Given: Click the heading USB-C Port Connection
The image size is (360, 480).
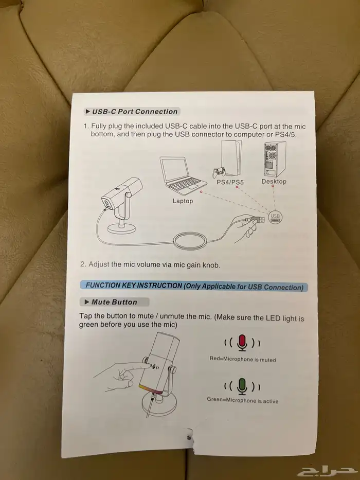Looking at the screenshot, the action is tap(135, 112).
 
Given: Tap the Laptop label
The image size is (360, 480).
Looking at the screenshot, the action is tap(183, 201).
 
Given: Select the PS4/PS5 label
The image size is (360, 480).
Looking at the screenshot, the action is tap(230, 182).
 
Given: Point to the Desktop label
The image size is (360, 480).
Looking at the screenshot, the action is tap(274, 181).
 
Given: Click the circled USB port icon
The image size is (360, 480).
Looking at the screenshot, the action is tap(275, 217).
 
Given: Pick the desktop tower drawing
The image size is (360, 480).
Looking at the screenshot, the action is tap(275, 159).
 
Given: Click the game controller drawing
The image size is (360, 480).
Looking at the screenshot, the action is tap(219, 172).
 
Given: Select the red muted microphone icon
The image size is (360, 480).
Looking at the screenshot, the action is tap(242, 343).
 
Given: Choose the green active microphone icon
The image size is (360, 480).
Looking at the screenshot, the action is tap(242, 386).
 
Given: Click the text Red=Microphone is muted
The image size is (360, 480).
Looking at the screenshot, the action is tap(243, 359).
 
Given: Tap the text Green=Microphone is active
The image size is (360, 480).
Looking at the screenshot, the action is tap(243, 400).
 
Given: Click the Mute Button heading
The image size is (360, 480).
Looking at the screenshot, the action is tap(114, 302).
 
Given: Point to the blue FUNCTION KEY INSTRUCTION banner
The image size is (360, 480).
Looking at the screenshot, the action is tap(194, 287).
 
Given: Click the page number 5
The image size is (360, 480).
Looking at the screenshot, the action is tap(189, 438).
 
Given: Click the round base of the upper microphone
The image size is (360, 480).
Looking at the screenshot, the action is tap(121, 228).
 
